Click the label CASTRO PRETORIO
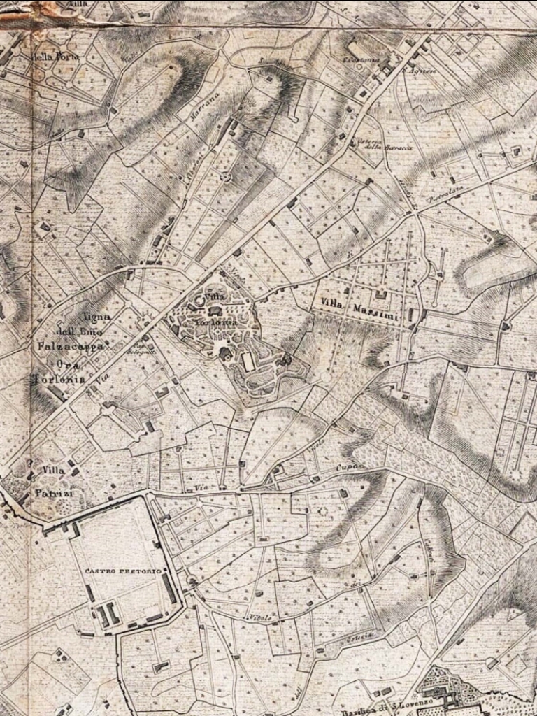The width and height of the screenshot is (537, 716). point(123,571)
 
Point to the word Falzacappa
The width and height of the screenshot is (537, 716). point(81,346)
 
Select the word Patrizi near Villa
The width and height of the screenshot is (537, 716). point(49,494)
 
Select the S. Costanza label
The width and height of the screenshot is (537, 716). point(360,60)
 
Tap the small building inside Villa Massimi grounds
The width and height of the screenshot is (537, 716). point(381,294)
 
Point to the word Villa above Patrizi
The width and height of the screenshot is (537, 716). point(54,471)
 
